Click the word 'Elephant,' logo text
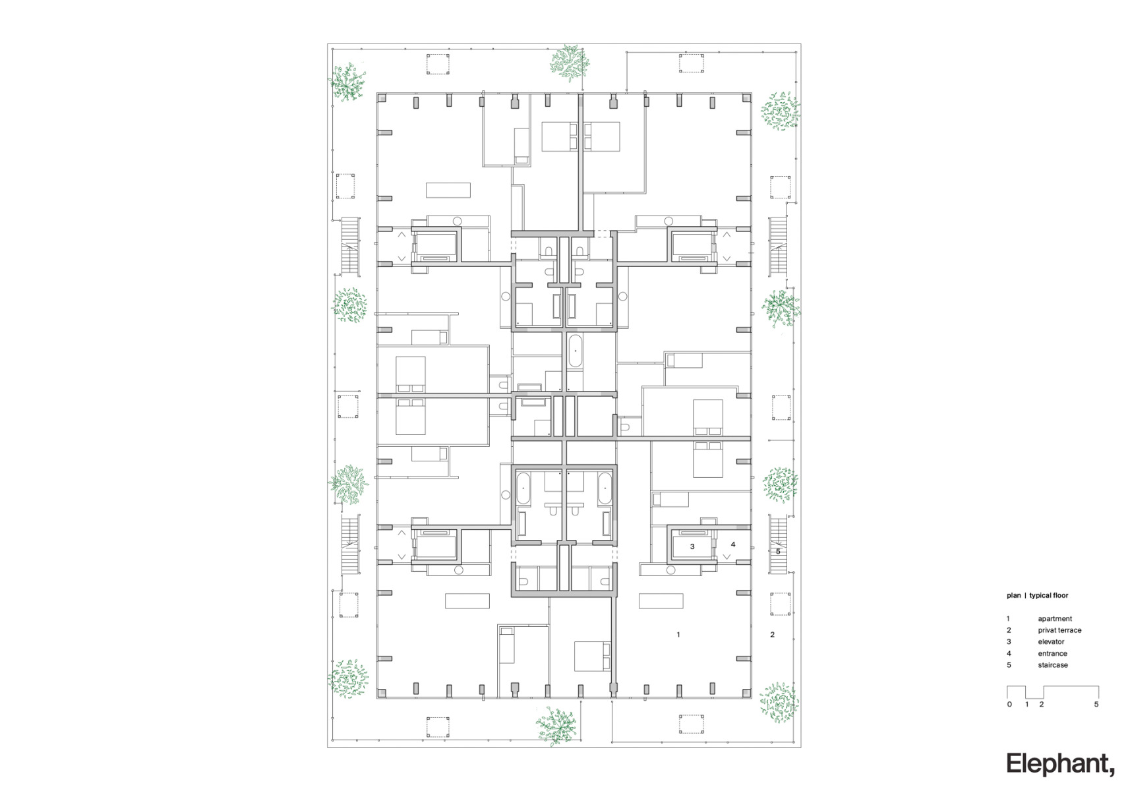pyautogui.click(x=1060, y=764)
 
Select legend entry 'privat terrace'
pyautogui.click(x=1059, y=630)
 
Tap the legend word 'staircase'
pyautogui.click(x=1053, y=665)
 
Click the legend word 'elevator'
pyautogui.click(x=1051, y=641)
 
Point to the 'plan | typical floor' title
pyautogui.click(x=1037, y=595)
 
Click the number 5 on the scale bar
pyautogui.click(x=1096, y=705)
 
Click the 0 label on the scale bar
pyautogui.click(x=1009, y=705)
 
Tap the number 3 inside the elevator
pyautogui.click(x=692, y=546)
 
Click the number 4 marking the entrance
pyautogui.click(x=733, y=544)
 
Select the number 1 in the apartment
pyautogui.click(x=678, y=635)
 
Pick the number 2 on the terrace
pyautogui.click(x=772, y=635)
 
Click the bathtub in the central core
pyautogui.click(x=575, y=351)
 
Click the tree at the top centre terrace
pyautogui.click(x=569, y=63)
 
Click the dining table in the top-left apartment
pyautogui.click(x=448, y=190)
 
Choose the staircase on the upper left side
pyautogui.click(x=349, y=245)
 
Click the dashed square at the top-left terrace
pyautogui.click(x=438, y=64)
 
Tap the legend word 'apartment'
pyautogui.click(x=1055, y=618)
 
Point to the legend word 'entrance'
pyautogui.click(x=1052, y=653)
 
